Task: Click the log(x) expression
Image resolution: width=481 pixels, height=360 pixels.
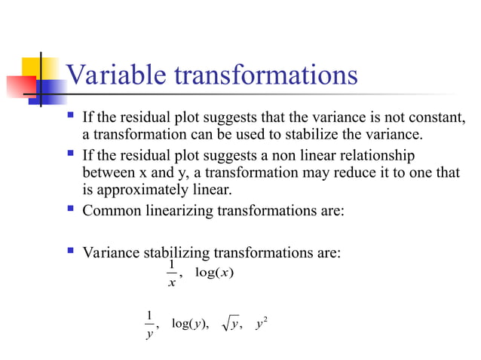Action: tap(214, 272)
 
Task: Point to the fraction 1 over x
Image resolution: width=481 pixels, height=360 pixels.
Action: tap(172, 274)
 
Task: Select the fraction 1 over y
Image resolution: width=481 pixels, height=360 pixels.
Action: tap(149, 325)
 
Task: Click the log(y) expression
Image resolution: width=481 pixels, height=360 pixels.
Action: tap(189, 324)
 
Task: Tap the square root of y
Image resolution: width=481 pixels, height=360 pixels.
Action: tap(231, 324)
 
